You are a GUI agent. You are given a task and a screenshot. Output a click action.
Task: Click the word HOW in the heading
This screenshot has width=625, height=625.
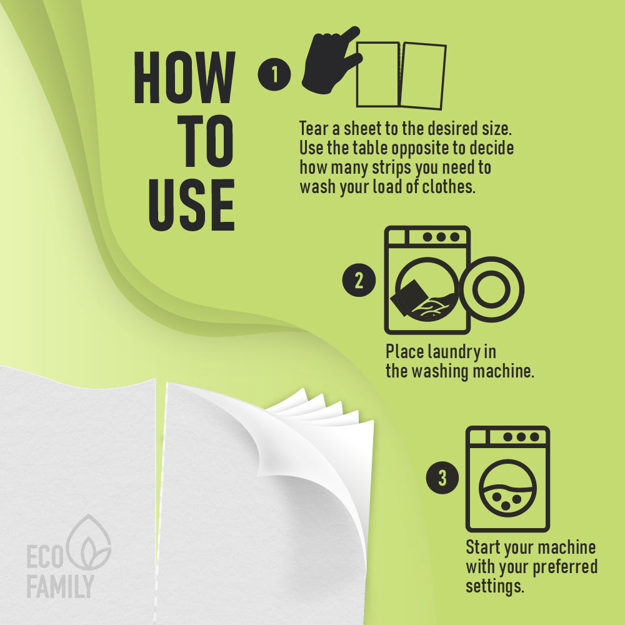coord(184,77)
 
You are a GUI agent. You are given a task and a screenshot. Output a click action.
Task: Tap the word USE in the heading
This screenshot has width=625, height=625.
coord(192,205)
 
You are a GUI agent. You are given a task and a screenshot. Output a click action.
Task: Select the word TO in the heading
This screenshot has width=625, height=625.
coord(206,141)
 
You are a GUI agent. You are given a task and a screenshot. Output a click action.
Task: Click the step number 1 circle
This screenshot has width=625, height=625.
coord(274,74)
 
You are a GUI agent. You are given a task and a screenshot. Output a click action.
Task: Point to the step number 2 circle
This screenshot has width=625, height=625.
coord(359,280)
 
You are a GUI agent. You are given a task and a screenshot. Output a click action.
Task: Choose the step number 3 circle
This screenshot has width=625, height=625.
coord(442,477)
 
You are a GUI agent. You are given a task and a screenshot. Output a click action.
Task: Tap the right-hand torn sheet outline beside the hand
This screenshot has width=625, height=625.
coord(422,76)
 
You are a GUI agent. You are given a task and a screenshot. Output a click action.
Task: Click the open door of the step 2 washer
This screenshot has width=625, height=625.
coord(491,289)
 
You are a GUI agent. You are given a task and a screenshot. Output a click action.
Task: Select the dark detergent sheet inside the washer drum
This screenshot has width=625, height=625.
coord(409,297)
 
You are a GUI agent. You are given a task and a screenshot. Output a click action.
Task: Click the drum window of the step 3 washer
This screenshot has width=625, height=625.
coord(507,488)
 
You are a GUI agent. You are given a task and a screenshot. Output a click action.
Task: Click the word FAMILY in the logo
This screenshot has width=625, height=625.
coord(60,586)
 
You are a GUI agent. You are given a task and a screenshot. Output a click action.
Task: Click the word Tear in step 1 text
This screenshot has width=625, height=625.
coord(314,129)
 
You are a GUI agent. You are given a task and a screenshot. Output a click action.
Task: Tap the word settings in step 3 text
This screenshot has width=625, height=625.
coord(494,587)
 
